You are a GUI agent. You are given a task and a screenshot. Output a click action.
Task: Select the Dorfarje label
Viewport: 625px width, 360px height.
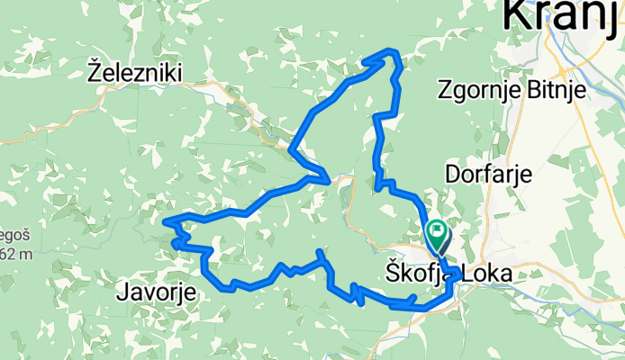(487, 173)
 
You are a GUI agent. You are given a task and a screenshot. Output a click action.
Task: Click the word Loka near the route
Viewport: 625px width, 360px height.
(491, 272)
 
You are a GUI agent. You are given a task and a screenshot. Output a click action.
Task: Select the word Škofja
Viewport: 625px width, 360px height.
(418, 272)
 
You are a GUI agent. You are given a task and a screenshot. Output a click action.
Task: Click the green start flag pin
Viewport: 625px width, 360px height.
(438, 235)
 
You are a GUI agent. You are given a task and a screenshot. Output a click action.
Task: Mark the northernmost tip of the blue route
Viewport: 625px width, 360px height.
(389, 49)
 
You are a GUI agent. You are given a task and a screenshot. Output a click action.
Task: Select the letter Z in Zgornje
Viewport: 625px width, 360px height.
(443, 89)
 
